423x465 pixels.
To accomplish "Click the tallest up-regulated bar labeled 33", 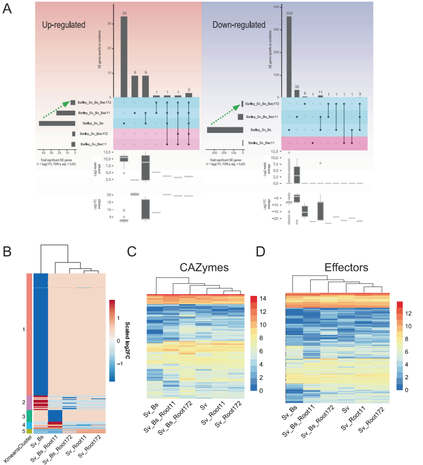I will (124, 57).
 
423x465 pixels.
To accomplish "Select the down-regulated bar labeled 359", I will (289, 57).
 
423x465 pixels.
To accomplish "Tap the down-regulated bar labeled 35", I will (297, 94).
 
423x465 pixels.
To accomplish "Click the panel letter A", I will (7, 9).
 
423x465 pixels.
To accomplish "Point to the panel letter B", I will (7, 252).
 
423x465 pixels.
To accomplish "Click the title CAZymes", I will (204, 267).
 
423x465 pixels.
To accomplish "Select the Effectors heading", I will (346, 267).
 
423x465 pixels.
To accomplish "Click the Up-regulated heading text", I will (64, 25).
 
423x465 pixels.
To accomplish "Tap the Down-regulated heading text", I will (239, 25).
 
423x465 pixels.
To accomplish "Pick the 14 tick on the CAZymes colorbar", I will (263, 299).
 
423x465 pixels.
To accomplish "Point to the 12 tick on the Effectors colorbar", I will (409, 313).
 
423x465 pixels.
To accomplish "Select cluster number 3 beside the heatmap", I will (23, 417).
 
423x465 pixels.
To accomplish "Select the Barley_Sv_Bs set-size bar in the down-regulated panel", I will (225, 130).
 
